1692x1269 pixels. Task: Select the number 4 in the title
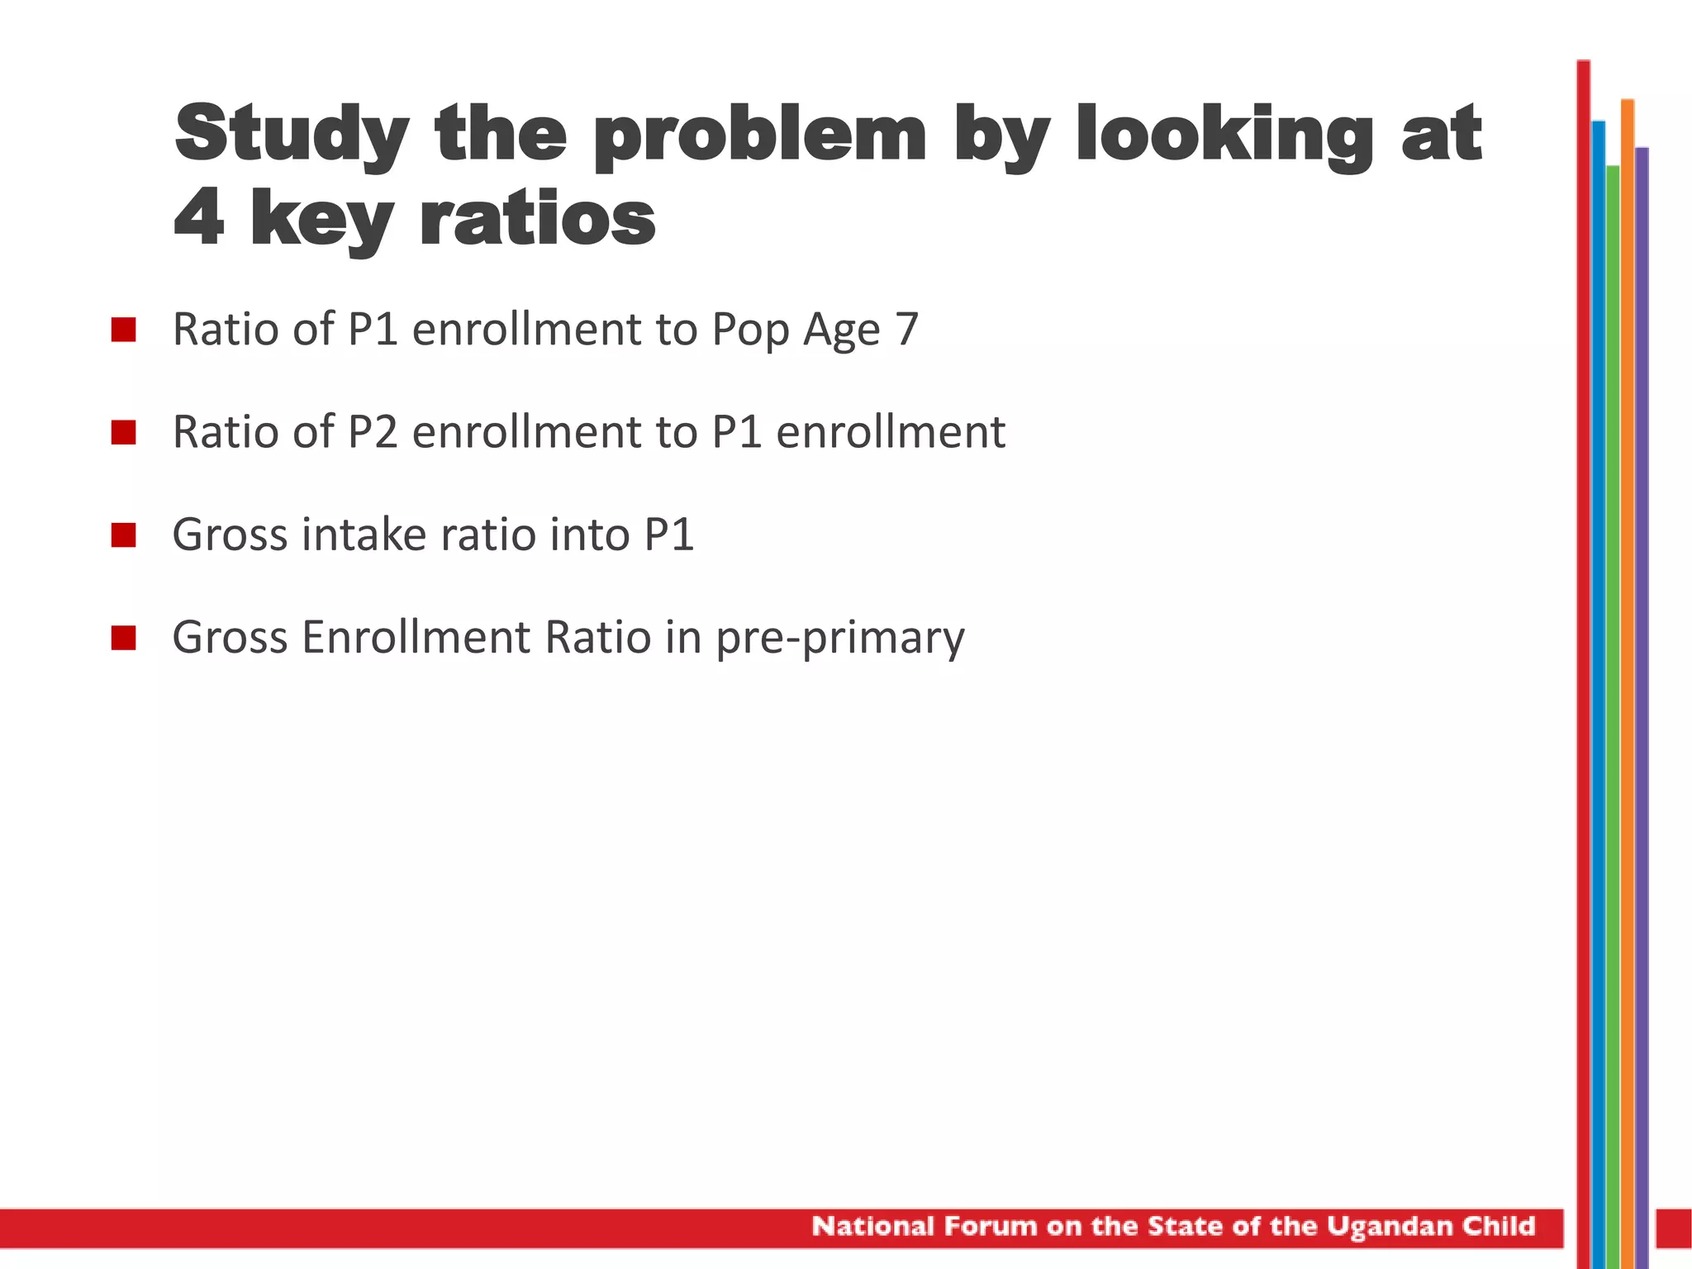click(x=199, y=219)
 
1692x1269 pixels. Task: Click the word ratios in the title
click(x=538, y=219)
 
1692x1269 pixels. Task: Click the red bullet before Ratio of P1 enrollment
click(x=123, y=330)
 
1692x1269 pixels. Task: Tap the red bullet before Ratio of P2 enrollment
click(x=123, y=432)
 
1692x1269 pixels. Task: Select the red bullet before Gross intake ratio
click(x=123, y=535)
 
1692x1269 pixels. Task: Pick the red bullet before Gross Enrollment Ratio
click(x=123, y=638)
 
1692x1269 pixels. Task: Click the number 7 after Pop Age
click(x=906, y=330)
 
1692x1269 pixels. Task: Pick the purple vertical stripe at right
click(x=1642, y=661)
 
